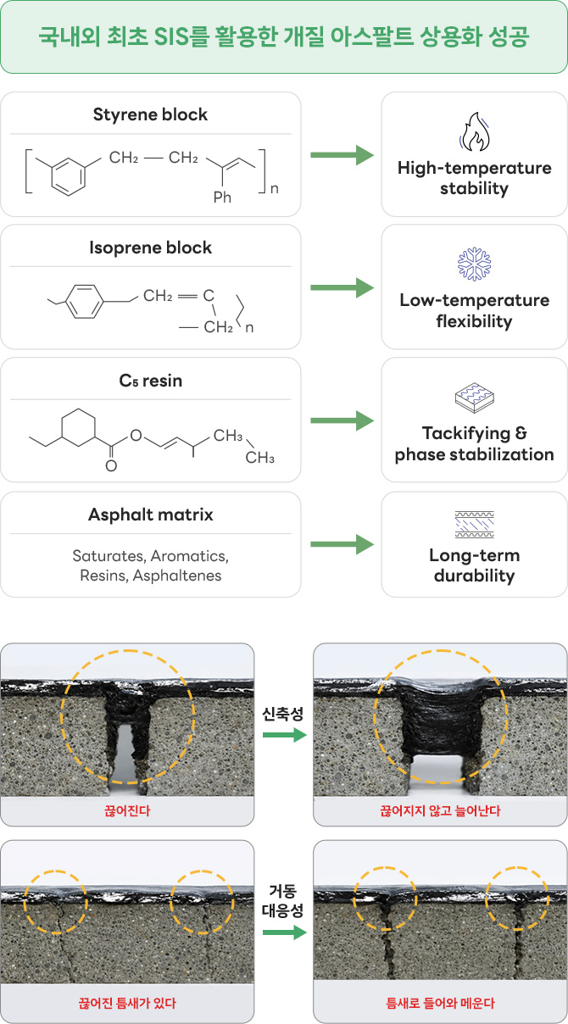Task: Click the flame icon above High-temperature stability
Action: point(475,131)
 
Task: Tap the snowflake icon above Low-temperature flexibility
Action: point(474,264)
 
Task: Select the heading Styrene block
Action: point(150,114)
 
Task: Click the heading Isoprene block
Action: point(150,248)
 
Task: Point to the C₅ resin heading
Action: point(150,381)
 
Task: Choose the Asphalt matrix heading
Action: point(150,515)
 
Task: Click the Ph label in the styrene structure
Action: point(222,197)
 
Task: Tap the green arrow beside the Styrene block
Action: point(342,155)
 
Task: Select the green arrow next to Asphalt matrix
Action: point(342,544)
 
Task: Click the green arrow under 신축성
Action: point(285,735)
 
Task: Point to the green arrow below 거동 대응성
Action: point(285,932)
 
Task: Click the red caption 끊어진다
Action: point(127,811)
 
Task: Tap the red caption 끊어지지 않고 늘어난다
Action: point(440,811)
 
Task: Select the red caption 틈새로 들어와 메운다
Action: point(440,1004)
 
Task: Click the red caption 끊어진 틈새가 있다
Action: point(127,1004)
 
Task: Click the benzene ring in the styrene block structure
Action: point(68,176)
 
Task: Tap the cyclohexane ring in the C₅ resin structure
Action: point(79,427)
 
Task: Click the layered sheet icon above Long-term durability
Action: point(474,525)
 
